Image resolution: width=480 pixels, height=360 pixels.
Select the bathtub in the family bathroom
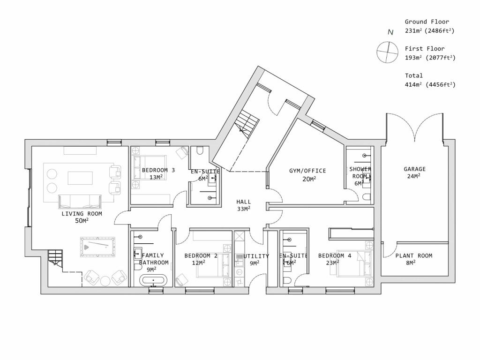pyautogui.click(x=153, y=281)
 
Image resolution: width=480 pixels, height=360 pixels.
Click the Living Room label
pyautogui.click(x=82, y=214)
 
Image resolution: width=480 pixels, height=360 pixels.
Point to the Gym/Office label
pyautogui.click(x=307, y=171)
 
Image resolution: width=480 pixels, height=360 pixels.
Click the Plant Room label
pyautogui.click(x=413, y=256)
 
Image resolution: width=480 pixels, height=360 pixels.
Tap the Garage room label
pyautogui.click(x=415, y=169)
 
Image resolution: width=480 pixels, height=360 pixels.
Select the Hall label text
pyautogui.click(x=243, y=202)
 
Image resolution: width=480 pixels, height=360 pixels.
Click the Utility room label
pyautogui.click(x=256, y=256)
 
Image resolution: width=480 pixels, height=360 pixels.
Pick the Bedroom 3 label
pyautogui.click(x=158, y=170)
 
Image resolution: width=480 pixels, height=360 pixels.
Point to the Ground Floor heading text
pyautogui.click(x=427, y=22)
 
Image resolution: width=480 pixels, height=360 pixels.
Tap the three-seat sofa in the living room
pyautogui.click(x=79, y=202)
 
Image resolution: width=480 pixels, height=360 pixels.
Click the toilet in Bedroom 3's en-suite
pyautogui.click(x=200, y=151)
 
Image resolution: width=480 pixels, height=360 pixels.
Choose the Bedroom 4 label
pyautogui.click(x=335, y=256)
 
